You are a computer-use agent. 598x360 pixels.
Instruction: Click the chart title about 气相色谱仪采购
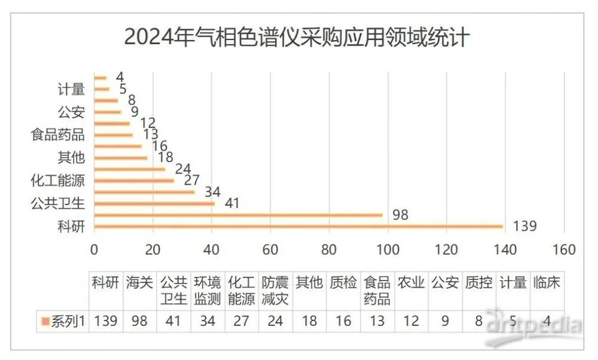pos(297,37)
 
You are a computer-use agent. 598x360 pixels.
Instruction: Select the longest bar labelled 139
pos(298,226)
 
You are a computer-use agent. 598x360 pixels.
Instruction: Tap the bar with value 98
pos(239,215)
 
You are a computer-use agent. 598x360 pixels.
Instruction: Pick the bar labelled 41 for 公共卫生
pos(155,204)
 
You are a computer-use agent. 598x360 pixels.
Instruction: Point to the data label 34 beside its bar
pos(212,192)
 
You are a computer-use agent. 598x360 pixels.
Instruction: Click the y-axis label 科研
pos(71,226)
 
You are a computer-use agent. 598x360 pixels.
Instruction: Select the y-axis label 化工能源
pos(57,181)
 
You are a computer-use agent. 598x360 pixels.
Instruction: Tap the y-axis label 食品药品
pos(57,135)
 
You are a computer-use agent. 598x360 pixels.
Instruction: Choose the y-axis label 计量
pos(71,89)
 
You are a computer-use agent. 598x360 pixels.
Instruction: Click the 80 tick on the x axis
pos(329,249)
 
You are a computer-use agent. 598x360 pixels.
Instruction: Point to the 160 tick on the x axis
pos(564,249)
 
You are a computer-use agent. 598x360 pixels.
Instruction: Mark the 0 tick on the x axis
pos(94,249)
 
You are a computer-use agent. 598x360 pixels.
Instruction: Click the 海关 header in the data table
pos(139,283)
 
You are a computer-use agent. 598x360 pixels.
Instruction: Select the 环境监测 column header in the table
pos(208,290)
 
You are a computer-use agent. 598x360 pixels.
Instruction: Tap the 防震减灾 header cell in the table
pos(276,290)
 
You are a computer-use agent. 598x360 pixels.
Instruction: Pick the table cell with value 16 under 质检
pos(343,321)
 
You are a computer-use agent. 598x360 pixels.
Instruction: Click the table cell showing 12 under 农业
pos(411,321)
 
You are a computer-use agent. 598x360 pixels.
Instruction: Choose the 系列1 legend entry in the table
pos(63,321)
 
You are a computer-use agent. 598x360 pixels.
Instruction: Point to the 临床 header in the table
pos(547,283)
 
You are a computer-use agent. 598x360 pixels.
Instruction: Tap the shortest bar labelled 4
pos(100,78)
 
